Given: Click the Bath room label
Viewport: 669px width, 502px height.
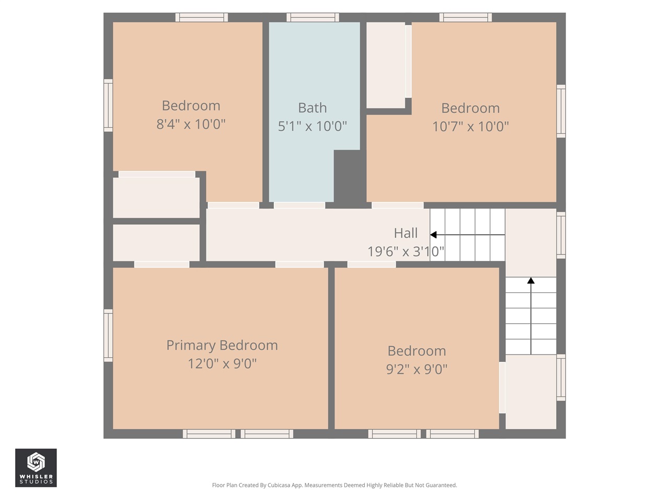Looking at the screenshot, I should click(312, 108).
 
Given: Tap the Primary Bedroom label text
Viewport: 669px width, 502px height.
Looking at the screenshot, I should click(222, 345).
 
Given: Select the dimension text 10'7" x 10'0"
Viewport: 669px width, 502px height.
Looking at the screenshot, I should click(470, 126).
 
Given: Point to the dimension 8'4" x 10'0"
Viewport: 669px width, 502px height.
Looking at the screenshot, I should click(191, 124).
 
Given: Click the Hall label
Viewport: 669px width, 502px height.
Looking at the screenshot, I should click(406, 233).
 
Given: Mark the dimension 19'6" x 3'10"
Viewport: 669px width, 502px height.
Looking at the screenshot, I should click(406, 252).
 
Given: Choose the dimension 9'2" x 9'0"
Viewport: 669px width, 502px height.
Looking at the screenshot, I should click(417, 369).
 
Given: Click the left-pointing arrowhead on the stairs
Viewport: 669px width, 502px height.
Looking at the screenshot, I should click(433, 235).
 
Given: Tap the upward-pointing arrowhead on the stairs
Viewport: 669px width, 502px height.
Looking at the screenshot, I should click(531, 281).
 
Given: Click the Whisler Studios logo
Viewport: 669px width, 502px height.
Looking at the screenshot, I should click(36, 467).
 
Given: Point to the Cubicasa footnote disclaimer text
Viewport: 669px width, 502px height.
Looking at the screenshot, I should click(334, 485).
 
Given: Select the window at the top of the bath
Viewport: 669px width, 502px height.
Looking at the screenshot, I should click(313, 17).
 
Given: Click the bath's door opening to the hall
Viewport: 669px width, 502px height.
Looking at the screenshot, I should click(299, 206).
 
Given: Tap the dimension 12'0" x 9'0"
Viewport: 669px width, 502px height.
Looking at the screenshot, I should click(222, 363).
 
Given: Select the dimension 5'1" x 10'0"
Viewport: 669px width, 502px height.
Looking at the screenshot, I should click(312, 126).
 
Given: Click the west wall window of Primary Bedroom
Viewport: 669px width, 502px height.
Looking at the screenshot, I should click(108, 335).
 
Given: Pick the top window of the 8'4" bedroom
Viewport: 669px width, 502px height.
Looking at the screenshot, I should click(201, 17).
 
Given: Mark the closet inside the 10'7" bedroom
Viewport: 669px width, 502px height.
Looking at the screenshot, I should click(386, 65).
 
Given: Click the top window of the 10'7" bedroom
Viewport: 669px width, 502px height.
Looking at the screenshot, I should click(465, 17).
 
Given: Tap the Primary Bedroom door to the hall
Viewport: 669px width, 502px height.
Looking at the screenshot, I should click(299, 265).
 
